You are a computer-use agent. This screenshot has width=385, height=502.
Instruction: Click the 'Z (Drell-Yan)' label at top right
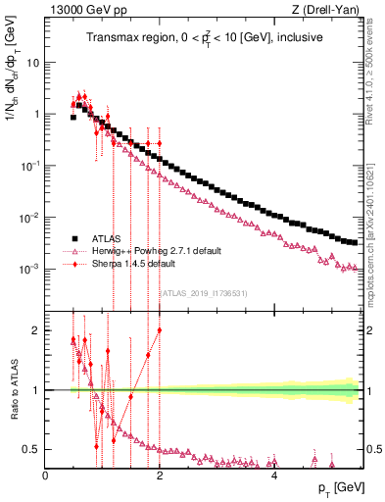329,10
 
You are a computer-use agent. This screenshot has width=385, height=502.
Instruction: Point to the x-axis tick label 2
160,476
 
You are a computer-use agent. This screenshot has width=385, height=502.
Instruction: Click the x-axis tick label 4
274,476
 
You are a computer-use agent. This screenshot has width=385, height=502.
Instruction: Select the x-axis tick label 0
46,476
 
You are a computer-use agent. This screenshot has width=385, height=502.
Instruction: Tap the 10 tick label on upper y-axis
32,62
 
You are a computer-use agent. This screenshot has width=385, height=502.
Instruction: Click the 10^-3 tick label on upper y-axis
30,269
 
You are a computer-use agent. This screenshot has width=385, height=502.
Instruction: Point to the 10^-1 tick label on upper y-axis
30,166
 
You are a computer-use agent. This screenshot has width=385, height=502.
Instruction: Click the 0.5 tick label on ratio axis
32,449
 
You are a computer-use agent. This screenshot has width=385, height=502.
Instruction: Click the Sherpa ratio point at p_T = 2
160,330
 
